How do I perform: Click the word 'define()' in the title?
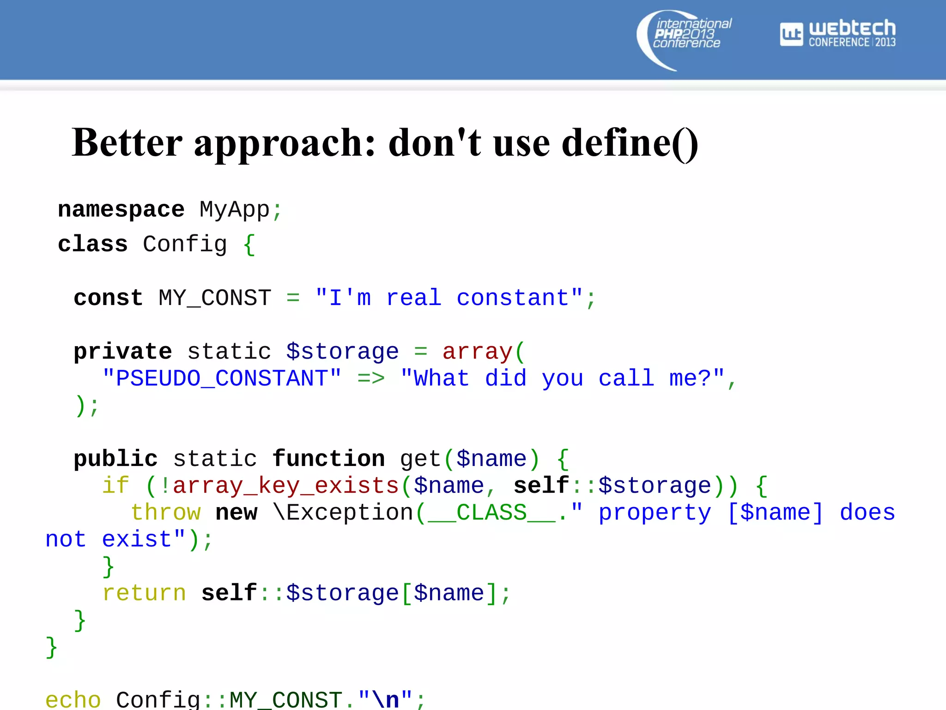coord(629,143)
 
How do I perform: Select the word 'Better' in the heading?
coord(127,143)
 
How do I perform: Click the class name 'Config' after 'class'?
coord(185,245)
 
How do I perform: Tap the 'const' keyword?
coord(108,298)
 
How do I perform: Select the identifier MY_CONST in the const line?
coord(215,298)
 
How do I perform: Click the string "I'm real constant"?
coord(449,298)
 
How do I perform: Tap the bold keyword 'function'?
coord(328,459)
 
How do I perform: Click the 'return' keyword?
coord(144,594)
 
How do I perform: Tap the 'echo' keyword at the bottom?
coord(73,700)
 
